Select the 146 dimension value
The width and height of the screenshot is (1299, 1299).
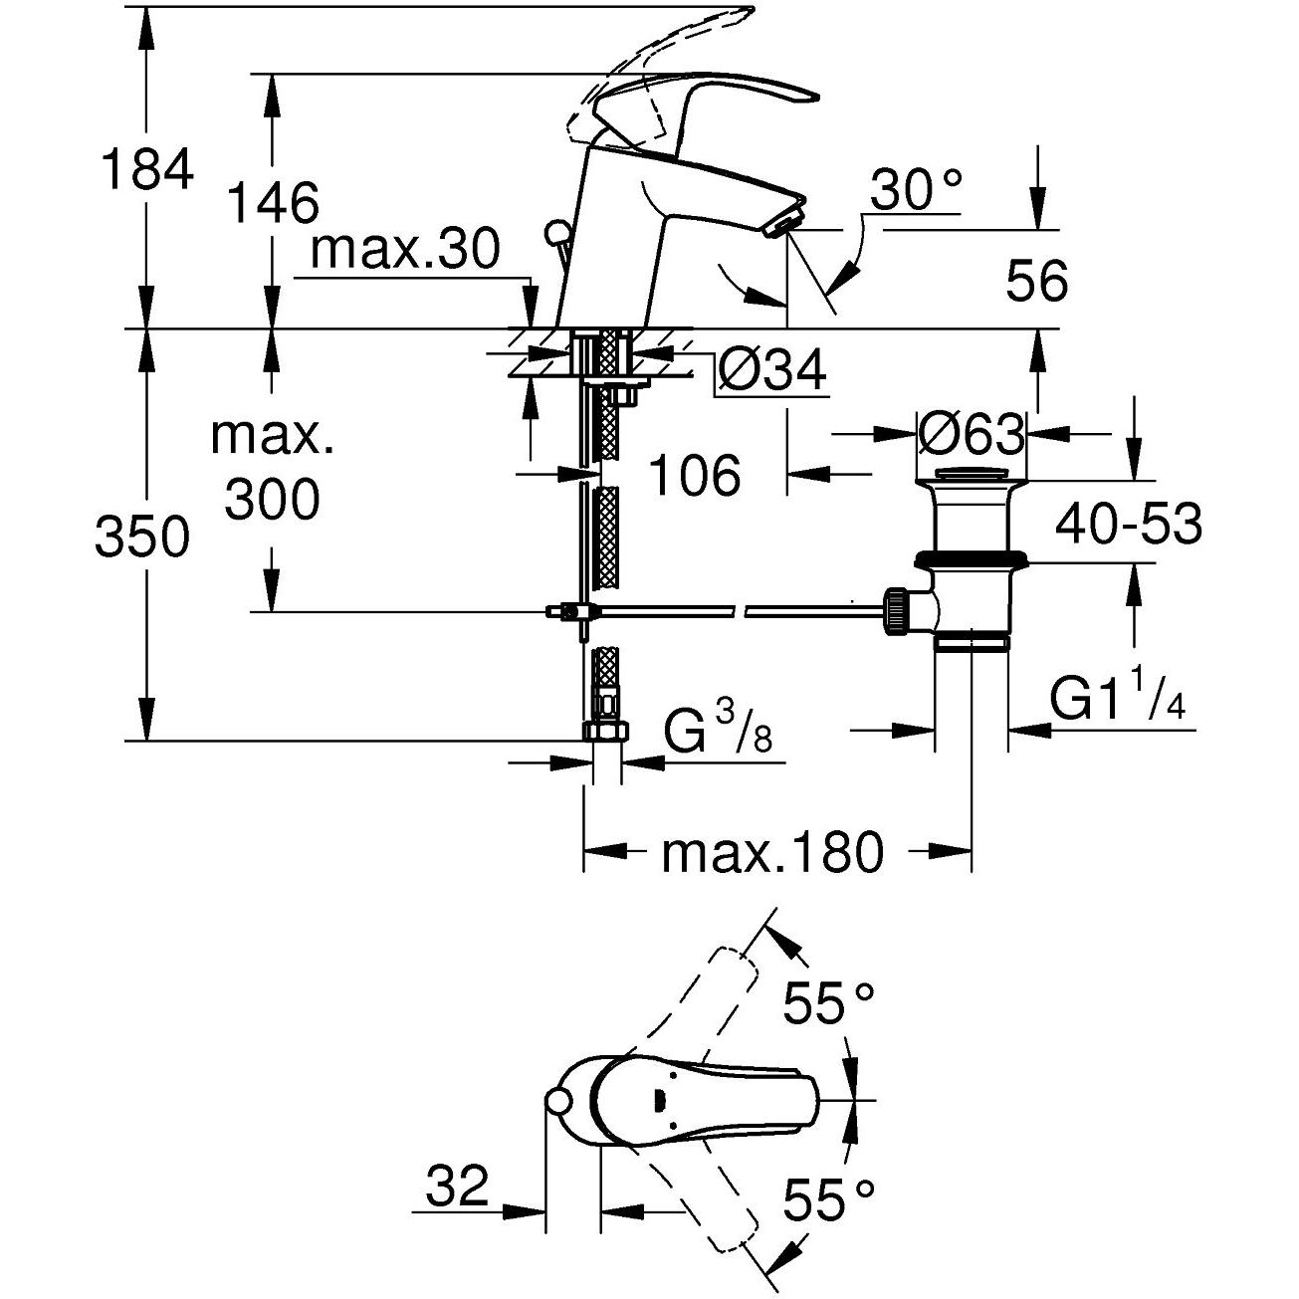point(273,202)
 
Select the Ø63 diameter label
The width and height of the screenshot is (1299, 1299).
point(971,434)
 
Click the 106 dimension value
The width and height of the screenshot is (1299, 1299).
point(695,475)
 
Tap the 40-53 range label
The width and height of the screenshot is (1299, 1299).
point(1129,524)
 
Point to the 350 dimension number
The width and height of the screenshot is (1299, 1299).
point(141,539)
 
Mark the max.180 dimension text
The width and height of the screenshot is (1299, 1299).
point(772,852)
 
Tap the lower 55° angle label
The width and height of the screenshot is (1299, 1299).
point(828,1199)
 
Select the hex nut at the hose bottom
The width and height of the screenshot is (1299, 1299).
point(603,733)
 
